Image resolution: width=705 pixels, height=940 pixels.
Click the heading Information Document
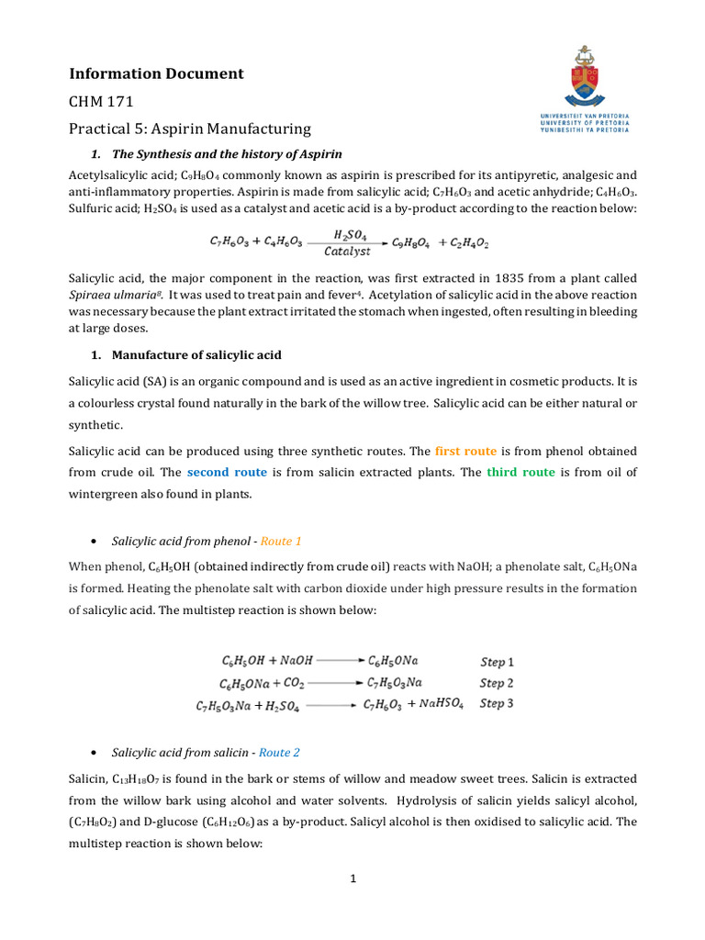point(156,73)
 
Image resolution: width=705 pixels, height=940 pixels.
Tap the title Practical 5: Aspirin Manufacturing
point(190,129)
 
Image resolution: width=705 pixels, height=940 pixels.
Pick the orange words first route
point(465,451)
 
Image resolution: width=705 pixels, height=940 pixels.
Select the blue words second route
point(227,472)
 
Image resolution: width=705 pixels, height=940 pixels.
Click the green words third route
point(520,472)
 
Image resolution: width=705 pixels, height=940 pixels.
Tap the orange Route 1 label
point(279,542)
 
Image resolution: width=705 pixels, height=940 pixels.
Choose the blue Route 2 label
point(279,753)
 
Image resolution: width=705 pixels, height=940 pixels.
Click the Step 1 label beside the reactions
point(498,661)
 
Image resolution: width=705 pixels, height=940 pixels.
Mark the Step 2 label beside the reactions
point(498,683)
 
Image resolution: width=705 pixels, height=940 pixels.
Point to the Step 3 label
point(498,704)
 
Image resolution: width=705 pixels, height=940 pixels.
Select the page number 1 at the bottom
point(352,878)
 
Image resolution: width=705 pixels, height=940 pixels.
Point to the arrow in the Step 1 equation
point(341,660)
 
